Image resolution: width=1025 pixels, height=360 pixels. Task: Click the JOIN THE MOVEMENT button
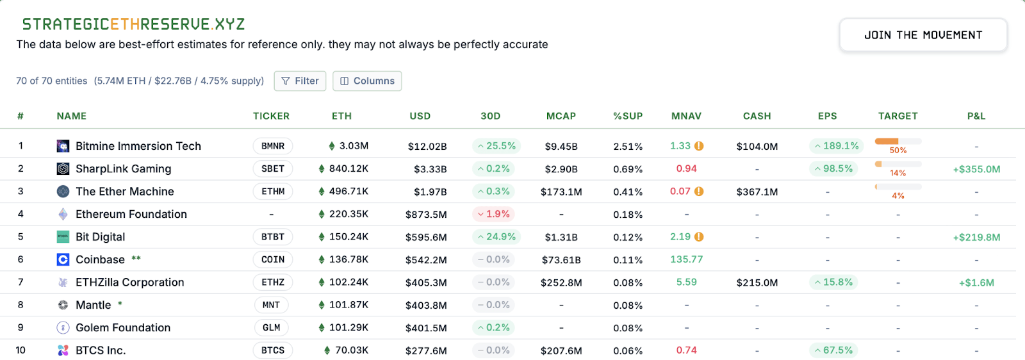point(922,35)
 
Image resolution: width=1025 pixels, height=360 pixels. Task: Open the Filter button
point(300,81)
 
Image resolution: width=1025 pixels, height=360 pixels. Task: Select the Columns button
point(367,81)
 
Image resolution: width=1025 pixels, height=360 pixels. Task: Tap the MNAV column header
point(686,116)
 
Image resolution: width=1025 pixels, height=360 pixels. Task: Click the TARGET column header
point(898,116)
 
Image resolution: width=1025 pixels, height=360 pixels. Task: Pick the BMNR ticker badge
point(273,146)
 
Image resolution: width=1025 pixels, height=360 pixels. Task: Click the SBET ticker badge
point(273,168)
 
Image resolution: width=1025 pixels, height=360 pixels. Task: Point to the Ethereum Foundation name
point(131,214)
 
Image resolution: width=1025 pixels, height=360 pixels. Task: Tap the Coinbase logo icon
point(63,259)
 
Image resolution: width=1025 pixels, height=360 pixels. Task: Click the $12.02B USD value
point(427,147)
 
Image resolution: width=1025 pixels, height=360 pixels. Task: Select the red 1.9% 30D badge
point(493,214)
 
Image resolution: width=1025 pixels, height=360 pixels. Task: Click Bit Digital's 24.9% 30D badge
point(496,236)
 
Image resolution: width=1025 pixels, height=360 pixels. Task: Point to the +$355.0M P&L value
point(976,169)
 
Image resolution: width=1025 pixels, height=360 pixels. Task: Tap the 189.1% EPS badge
point(837,146)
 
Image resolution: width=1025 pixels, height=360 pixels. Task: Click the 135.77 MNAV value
point(686,259)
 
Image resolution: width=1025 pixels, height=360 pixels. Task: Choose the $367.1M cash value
point(757,192)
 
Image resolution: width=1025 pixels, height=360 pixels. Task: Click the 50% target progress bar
point(898,141)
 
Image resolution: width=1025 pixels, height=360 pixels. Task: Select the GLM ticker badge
point(272,327)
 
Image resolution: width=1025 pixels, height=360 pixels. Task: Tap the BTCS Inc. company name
point(101,350)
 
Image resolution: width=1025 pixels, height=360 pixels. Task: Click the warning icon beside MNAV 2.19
point(699,236)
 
